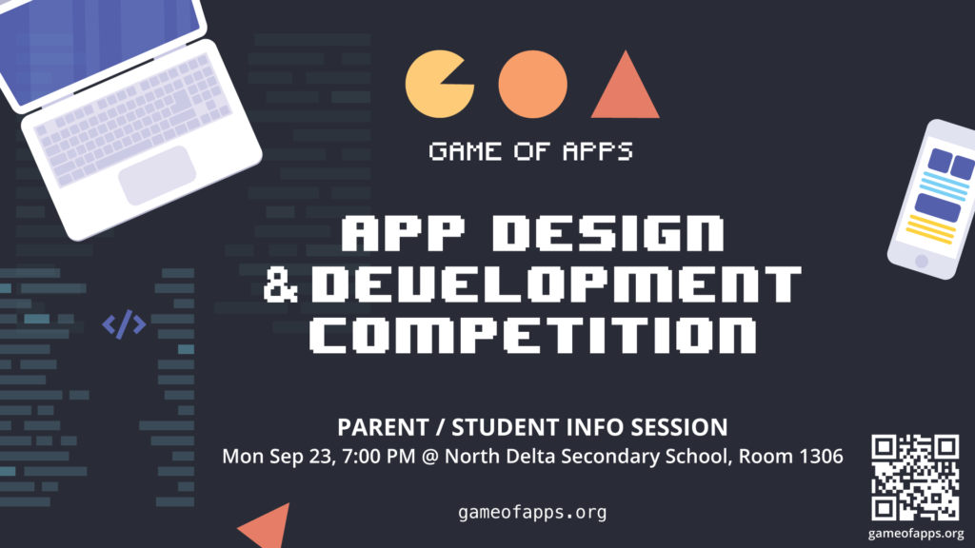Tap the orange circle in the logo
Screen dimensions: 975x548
[x=532, y=85]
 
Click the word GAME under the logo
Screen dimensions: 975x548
[x=465, y=151]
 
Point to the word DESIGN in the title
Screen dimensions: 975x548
[x=608, y=233]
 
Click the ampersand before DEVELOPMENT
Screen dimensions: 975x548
[x=281, y=284]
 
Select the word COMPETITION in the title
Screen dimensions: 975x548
[x=533, y=336]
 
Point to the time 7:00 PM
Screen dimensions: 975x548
[x=378, y=457]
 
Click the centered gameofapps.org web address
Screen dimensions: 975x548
[x=532, y=513]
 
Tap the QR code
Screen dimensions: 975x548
[x=915, y=478]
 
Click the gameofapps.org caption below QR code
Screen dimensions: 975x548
[x=916, y=533]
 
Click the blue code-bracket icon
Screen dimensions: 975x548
[x=125, y=324]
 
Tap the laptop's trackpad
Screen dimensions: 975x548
[x=157, y=175]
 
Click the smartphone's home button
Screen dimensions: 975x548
[x=922, y=262]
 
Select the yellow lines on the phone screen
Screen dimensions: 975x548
[x=931, y=228]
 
